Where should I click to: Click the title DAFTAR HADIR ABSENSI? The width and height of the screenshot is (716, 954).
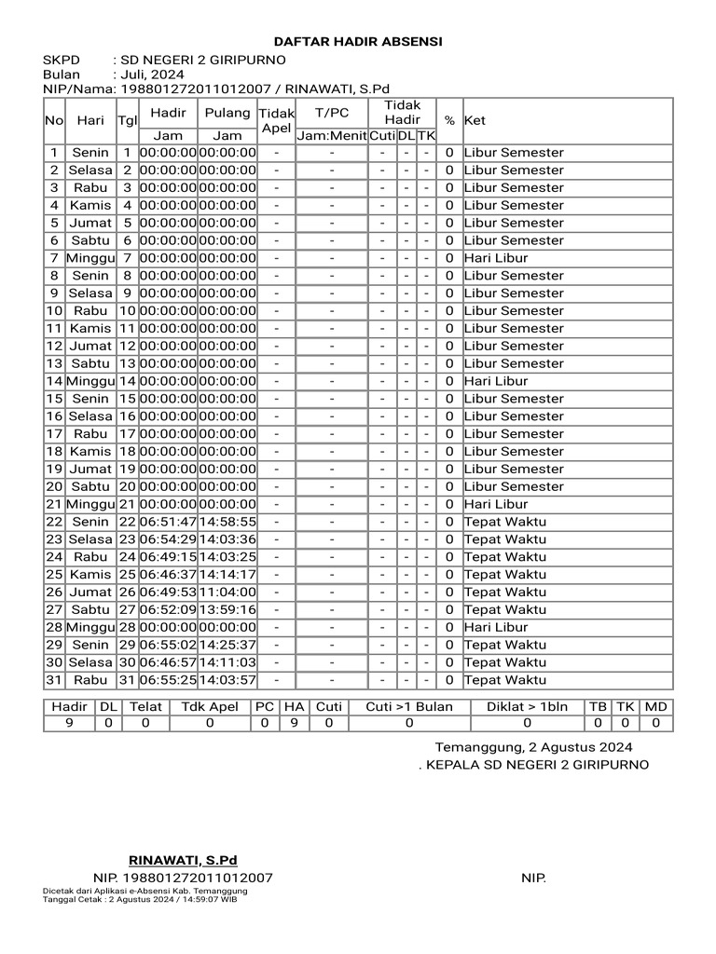coord(358,42)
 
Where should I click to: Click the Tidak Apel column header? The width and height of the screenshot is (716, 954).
coord(276,120)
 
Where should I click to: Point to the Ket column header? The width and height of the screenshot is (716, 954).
coord(475,120)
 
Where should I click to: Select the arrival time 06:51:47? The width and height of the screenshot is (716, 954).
coord(168,522)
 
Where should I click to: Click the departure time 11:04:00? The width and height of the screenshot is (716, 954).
coord(227,592)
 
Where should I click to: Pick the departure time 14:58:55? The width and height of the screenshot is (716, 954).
coord(227,522)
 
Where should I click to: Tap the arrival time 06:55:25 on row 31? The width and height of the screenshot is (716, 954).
coord(168,680)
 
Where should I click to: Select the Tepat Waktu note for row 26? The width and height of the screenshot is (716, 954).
coord(505,592)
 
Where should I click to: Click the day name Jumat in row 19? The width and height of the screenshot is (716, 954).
coord(90,469)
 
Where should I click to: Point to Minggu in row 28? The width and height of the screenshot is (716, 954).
coord(90,627)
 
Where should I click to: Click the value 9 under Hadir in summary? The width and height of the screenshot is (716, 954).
coord(69,723)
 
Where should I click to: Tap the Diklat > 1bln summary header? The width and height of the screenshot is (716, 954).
coord(527,706)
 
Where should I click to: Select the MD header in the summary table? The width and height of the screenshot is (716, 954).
coord(655,706)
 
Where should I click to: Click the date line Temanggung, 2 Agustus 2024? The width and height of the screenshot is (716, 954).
coord(533,747)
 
